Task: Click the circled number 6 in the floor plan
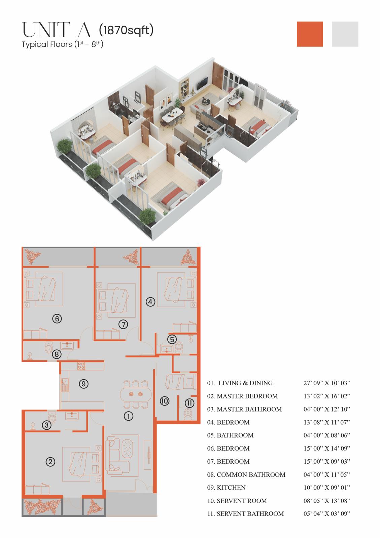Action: [x=57, y=319]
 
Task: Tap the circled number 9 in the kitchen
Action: [x=84, y=384]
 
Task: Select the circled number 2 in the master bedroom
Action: [x=50, y=462]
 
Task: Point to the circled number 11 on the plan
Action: [x=189, y=403]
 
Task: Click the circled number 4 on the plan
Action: [x=150, y=302]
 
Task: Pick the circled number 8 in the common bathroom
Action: [x=57, y=354]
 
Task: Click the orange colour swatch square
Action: [x=310, y=34]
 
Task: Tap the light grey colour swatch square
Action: [x=345, y=34]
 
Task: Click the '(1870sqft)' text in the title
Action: [x=126, y=30]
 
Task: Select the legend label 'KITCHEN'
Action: [x=231, y=488]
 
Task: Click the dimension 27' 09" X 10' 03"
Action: [x=326, y=383]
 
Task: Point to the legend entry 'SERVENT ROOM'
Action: [x=242, y=501]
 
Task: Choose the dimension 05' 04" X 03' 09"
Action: [x=326, y=513]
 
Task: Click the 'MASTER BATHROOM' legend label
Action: [x=249, y=409]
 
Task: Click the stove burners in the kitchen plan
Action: [x=81, y=366]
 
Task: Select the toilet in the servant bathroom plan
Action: [x=188, y=414]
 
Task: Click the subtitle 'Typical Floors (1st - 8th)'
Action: [x=63, y=44]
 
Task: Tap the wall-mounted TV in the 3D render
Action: [x=202, y=83]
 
